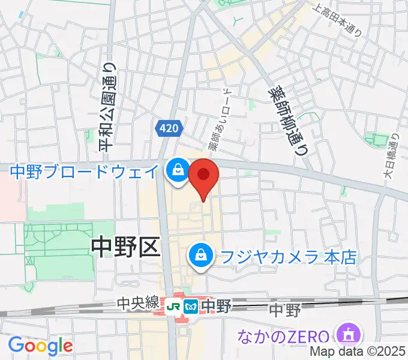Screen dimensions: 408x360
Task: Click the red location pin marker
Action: click(x=203, y=176)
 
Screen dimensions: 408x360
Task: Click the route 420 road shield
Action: click(x=169, y=128)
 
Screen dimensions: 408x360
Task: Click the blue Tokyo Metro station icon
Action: click(x=191, y=305)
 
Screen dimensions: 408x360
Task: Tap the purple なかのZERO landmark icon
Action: click(x=349, y=335)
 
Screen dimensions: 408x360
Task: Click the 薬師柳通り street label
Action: click(x=287, y=120)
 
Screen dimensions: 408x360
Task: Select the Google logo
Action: click(x=40, y=346)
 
